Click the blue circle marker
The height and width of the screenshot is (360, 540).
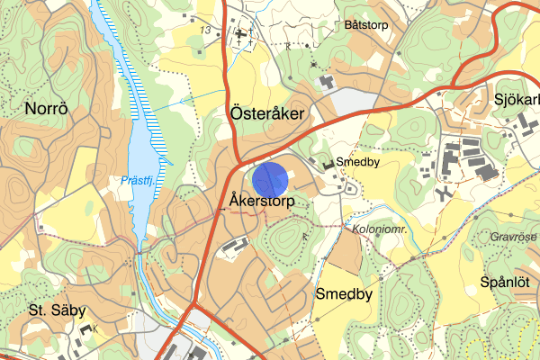(x=271, y=179)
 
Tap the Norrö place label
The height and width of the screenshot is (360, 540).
(x=46, y=109)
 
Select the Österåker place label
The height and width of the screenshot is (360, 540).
(x=267, y=113)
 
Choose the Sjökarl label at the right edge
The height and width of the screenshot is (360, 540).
(x=516, y=98)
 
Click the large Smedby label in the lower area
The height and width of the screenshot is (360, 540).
(x=343, y=294)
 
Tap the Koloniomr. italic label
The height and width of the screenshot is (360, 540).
(x=381, y=229)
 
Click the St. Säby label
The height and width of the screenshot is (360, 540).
(x=57, y=310)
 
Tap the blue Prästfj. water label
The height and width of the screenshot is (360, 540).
(x=138, y=180)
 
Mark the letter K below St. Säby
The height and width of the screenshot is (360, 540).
(x=95, y=329)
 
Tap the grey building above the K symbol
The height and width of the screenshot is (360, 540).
(x=86, y=328)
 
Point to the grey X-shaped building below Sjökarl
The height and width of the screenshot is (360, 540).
(x=444, y=193)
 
